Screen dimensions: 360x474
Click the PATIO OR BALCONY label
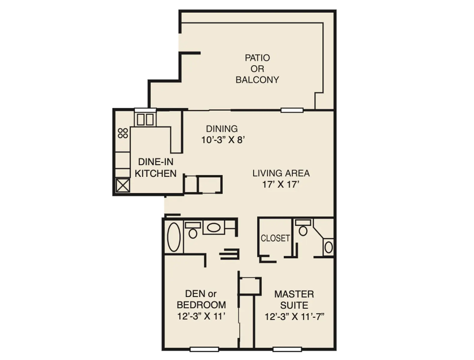coord(257,69)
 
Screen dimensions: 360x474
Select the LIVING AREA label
coord(281,173)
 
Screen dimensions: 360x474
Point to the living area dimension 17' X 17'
coord(281,184)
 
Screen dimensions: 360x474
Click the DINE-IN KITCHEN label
coord(156,168)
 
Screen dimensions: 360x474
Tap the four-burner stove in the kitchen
coord(123,133)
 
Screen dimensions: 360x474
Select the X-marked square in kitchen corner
coord(123,185)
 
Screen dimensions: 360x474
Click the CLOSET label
coord(275,238)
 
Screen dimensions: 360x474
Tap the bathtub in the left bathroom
coord(174,237)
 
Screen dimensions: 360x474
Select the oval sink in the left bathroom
coord(213,227)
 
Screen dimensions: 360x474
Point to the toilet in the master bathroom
coord(303,228)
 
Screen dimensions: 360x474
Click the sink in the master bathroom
coord(329,247)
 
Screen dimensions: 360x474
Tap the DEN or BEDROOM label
coord(201,299)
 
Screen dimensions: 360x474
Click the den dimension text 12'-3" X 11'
coord(201,316)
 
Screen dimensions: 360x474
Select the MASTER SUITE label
coord(294,299)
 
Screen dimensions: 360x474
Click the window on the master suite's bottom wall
coord(287,349)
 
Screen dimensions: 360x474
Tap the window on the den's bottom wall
coord(204,349)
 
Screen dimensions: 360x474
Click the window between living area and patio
coord(292,110)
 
